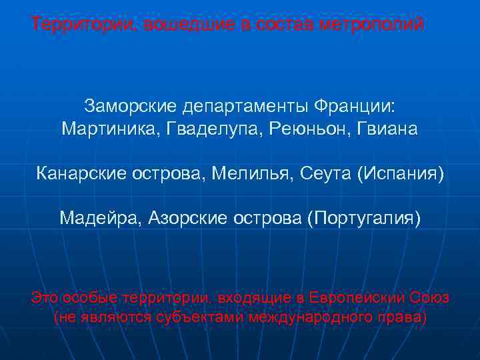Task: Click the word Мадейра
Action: click(100, 218)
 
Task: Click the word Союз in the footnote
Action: click(431, 297)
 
